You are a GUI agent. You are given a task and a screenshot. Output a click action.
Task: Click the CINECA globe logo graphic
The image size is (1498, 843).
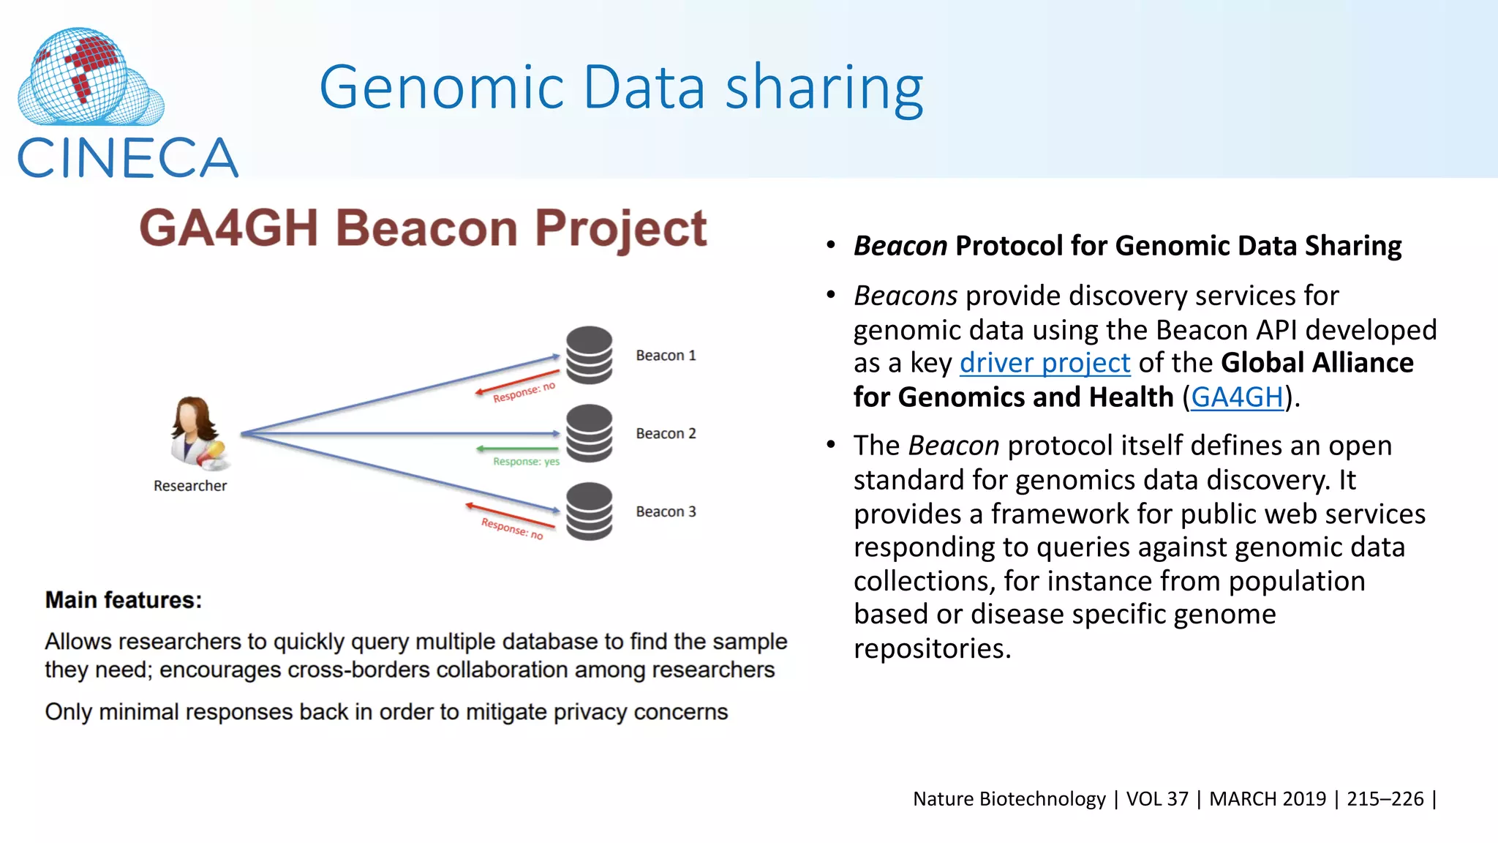click(x=89, y=77)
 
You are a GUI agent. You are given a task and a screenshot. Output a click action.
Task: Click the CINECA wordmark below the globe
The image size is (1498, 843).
click(x=127, y=159)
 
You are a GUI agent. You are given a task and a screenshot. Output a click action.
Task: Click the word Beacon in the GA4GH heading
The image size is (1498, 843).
click(x=426, y=228)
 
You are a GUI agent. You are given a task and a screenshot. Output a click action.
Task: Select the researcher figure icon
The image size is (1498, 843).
click(x=198, y=433)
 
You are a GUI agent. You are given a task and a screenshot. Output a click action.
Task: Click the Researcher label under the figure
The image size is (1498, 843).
click(x=190, y=486)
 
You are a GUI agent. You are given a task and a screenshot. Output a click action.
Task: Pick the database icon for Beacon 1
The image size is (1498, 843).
click(x=589, y=355)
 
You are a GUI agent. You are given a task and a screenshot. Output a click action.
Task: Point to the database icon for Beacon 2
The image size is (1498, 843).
click(x=589, y=433)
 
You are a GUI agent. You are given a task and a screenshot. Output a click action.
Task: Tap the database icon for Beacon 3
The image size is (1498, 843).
click(x=589, y=511)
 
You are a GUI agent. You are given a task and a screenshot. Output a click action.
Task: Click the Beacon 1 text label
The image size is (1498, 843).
click(x=666, y=356)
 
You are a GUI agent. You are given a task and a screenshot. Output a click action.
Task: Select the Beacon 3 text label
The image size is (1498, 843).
click(x=666, y=512)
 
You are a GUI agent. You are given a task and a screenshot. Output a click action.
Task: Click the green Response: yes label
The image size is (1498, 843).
click(x=526, y=462)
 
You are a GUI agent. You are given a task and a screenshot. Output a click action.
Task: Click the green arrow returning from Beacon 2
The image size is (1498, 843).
click(x=517, y=449)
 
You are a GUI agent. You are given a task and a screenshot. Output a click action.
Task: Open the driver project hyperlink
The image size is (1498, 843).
click(x=1045, y=363)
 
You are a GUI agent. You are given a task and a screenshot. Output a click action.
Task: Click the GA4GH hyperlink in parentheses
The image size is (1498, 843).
click(x=1237, y=397)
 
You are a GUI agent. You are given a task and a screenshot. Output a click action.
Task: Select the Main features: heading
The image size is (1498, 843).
click(x=123, y=600)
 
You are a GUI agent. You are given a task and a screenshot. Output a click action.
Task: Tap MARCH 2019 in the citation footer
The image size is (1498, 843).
click(x=1267, y=798)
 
